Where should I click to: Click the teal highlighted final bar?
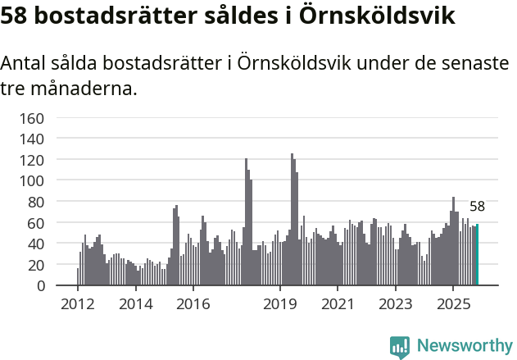[x=477, y=255]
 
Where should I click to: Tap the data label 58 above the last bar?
[x=477, y=207]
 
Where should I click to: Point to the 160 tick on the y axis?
[x=31, y=118]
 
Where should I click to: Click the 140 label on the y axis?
[x=31, y=139]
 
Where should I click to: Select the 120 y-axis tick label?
[x=31, y=160]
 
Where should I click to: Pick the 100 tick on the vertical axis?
[x=31, y=180]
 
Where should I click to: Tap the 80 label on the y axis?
[x=35, y=202]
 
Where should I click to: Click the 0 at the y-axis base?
[x=39, y=285]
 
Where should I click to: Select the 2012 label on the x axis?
[x=78, y=304]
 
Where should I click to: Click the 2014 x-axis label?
[x=135, y=304]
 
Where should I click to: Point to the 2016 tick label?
[x=193, y=304]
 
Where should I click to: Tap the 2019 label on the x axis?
[x=279, y=304]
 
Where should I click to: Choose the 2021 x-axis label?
[x=337, y=304]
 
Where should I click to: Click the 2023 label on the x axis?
[x=395, y=304]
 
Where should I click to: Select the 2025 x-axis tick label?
[x=452, y=304]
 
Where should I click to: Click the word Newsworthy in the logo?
[x=464, y=345]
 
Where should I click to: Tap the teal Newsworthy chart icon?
[x=400, y=346]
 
